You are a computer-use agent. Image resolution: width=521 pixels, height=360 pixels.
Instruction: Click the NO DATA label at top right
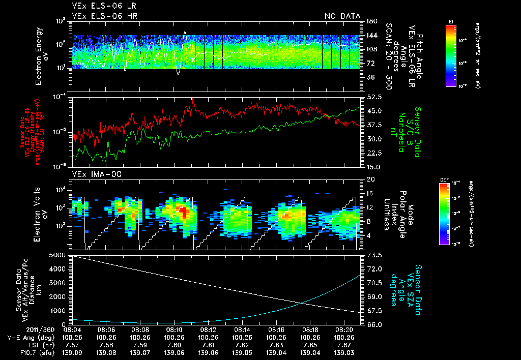[x=342, y=16]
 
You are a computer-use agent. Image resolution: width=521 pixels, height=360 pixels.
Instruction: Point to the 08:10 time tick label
[x=174, y=329]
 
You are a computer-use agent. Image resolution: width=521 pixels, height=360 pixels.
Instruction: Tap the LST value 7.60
[x=174, y=344]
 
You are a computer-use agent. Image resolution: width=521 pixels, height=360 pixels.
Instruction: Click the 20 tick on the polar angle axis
[x=368, y=179]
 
